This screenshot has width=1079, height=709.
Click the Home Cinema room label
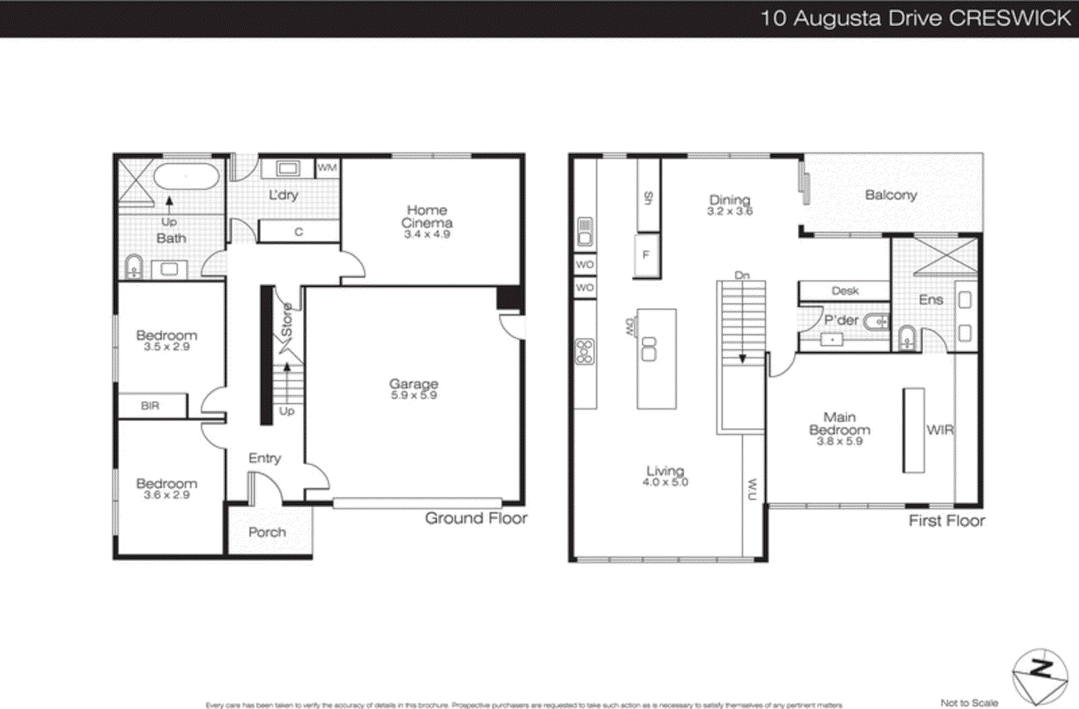pos(427,216)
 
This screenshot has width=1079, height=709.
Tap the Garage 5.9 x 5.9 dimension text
pos(414,396)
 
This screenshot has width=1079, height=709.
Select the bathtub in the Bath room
pos(186,177)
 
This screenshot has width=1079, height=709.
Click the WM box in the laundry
pos(327,168)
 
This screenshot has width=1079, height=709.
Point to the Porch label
pos(267,532)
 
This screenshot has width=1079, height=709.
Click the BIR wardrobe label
pos(150,406)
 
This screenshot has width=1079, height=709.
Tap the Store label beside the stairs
pos(287,321)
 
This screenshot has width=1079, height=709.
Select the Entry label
pos(264,458)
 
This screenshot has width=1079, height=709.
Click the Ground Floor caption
pos(476,518)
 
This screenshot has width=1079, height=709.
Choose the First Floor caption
pos(947,520)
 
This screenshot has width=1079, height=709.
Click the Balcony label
pos(891,195)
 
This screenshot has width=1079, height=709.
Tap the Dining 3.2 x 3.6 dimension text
pos(730,212)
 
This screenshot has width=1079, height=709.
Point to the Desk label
pos(845,290)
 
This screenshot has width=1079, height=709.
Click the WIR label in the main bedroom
pos(940,429)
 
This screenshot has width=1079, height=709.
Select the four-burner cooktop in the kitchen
pos(585,352)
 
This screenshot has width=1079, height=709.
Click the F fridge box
pos(646,255)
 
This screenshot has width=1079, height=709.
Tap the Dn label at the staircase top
pos(742,275)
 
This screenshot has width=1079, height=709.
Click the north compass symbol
pos(1040,676)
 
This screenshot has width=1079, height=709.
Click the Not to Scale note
pos(969,703)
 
